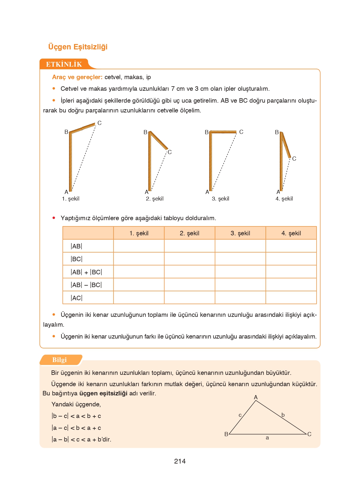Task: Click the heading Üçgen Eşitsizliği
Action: (x=78, y=47)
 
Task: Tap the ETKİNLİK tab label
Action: (x=64, y=64)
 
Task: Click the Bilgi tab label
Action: (x=59, y=360)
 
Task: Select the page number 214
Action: (x=180, y=461)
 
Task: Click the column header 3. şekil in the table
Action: (x=240, y=233)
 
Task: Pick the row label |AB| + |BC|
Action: (x=86, y=272)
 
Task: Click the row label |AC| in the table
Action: (x=76, y=298)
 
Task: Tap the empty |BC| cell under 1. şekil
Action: (x=139, y=259)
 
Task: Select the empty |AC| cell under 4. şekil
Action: (x=291, y=298)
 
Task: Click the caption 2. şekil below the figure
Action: (x=155, y=199)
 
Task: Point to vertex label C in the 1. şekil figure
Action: (x=100, y=123)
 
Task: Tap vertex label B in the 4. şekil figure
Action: (x=277, y=132)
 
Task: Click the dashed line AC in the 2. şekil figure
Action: (x=159, y=171)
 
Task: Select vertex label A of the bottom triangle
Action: (x=256, y=397)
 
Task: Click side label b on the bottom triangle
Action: (x=283, y=415)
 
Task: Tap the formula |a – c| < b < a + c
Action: (x=76, y=428)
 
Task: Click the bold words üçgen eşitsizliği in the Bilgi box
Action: (x=103, y=393)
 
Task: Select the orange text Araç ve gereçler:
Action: (x=77, y=77)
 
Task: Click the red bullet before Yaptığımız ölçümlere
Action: (x=54, y=218)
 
